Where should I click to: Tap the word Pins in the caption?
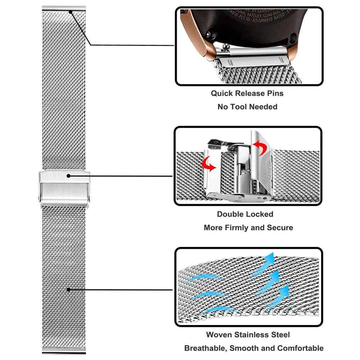275,94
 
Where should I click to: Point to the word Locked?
260,214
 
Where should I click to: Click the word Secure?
280,228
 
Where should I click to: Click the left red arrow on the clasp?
209,164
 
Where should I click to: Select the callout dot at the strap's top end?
71,12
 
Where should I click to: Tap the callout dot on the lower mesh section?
68,289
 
